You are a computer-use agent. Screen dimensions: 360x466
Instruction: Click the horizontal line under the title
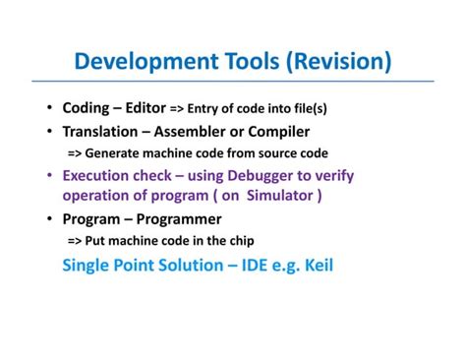pos(232,82)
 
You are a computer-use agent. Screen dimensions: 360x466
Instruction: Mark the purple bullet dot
pos(50,177)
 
